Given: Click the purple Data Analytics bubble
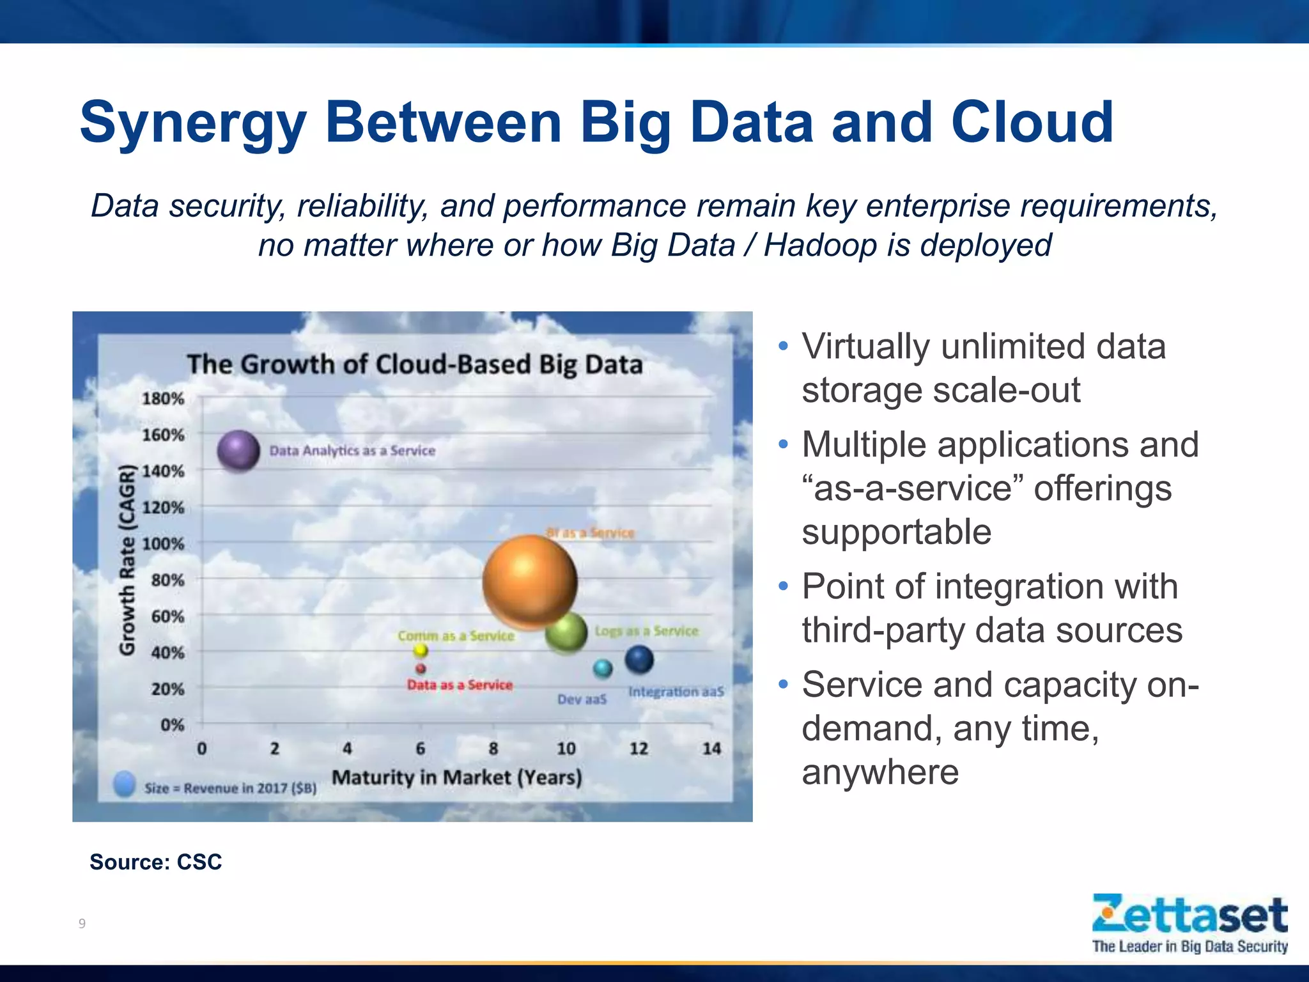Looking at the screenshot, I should coord(238,451).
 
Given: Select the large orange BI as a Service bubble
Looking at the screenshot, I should coord(530,581).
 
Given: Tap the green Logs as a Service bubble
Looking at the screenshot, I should coord(566,632).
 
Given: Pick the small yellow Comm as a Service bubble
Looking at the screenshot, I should coord(421,650).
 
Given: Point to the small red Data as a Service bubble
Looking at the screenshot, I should coord(421,669).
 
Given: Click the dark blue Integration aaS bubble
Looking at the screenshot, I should coord(639,659).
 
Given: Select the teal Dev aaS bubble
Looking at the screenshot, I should coord(603,669).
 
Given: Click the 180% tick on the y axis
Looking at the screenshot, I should coord(163,399).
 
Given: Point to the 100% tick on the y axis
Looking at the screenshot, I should coord(163,544).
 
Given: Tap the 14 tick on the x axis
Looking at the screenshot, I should coord(711,748).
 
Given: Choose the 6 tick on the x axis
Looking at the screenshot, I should coord(421,748).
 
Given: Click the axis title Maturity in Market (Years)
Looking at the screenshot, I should coord(457,777).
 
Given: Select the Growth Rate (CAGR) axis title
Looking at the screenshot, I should coord(128,560).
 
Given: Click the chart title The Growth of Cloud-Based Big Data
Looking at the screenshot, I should coord(415,364).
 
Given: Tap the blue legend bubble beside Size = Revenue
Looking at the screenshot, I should coord(124,784).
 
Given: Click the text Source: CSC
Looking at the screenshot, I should coord(155,862).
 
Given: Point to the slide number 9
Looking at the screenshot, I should coord(82,923).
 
